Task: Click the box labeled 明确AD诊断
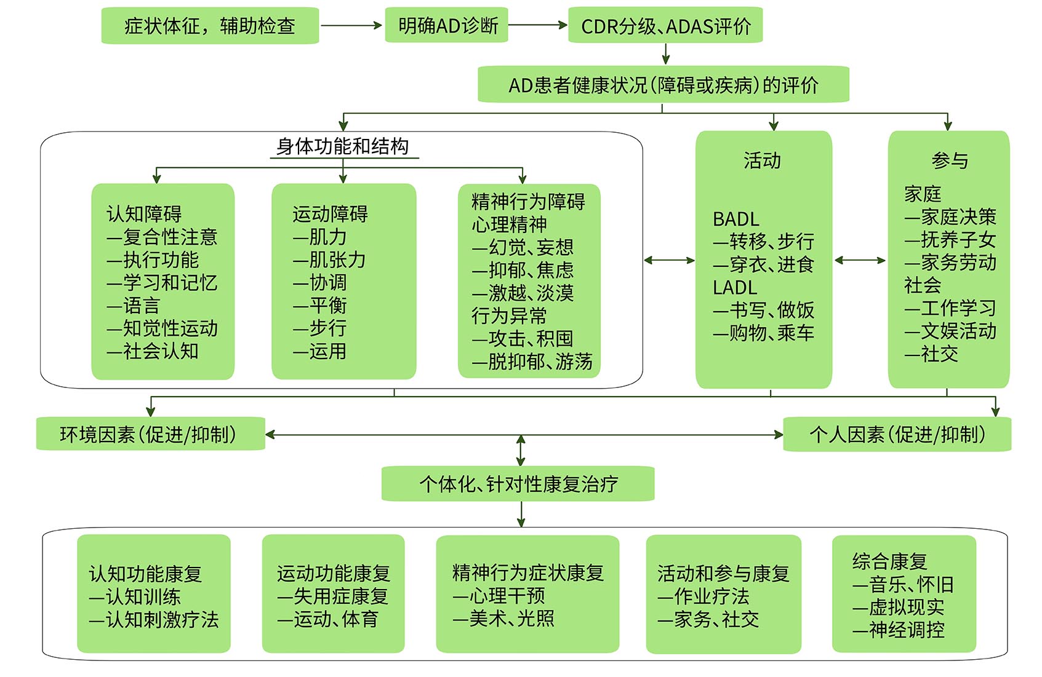tap(446, 25)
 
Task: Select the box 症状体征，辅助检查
tap(210, 26)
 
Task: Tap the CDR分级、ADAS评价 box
tap(665, 26)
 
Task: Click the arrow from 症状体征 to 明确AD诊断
tap(351, 26)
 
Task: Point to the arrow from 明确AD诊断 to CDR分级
tap(538, 25)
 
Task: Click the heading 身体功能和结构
tap(343, 146)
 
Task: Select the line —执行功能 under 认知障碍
tap(153, 260)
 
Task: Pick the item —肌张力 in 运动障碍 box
tap(329, 260)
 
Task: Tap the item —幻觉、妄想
tap(523, 247)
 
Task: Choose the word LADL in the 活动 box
tap(735, 288)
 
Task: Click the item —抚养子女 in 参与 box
tap(950, 240)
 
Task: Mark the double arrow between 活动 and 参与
tap(860, 260)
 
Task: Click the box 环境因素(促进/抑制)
tap(151, 434)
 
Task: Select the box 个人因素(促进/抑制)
tap(897, 435)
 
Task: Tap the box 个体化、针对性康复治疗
tap(518, 484)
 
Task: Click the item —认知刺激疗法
tap(153, 619)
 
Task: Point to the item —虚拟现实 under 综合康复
tap(899, 608)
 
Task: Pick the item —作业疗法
tap(703, 596)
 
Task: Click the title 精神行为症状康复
tap(528, 573)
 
